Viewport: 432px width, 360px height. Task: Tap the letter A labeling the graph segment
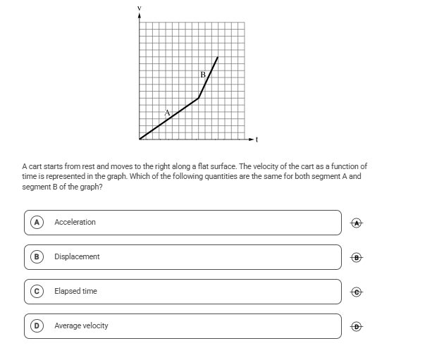pos(167,113)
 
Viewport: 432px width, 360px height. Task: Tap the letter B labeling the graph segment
pos(202,74)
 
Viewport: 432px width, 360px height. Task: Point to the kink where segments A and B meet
pos(199,98)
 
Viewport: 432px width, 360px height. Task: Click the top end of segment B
pos(218,57)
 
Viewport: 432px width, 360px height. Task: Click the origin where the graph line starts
pos(140,139)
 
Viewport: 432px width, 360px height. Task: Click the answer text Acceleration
pos(75,222)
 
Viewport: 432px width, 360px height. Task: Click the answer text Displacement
pos(77,256)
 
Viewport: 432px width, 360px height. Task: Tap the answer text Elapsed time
pos(75,291)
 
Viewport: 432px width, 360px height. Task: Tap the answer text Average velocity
pos(81,325)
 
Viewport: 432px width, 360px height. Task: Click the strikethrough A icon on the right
pos(357,223)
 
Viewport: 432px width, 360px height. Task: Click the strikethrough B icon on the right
pos(357,257)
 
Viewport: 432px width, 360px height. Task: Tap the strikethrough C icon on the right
pos(357,291)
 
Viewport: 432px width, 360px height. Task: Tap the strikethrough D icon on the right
pos(357,325)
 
